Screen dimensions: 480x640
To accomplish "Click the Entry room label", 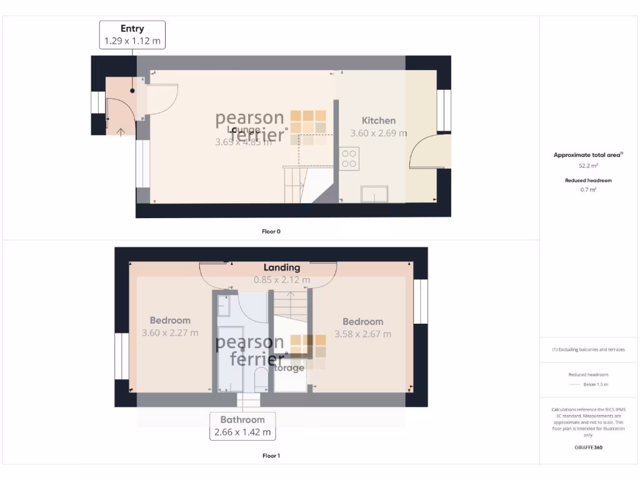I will click(x=132, y=28).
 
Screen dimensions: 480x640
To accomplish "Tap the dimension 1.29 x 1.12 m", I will click(x=132, y=41).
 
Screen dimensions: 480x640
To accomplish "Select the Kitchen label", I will click(x=379, y=121).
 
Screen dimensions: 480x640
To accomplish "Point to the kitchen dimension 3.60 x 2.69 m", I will click(x=379, y=133).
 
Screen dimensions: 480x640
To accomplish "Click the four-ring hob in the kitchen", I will click(x=349, y=157).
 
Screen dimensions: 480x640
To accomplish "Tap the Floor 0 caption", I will click(x=271, y=231).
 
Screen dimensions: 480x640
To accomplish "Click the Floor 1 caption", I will click(x=271, y=456).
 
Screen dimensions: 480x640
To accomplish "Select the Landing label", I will click(x=281, y=267).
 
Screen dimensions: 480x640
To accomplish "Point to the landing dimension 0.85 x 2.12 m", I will click(x=281, y=280).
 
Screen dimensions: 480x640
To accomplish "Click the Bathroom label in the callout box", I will click(x=242, y=419).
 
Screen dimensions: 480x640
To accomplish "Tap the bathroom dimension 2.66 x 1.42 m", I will click(x=242, y=432).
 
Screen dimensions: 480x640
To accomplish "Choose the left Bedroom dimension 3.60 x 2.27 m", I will click(x=170, y=333).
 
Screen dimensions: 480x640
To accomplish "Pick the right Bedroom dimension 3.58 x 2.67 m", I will click(x=362, y=334).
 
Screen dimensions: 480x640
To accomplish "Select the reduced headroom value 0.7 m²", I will click(x=588, y=189).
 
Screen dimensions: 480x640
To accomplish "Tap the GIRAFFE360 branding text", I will click(x=588, y=447).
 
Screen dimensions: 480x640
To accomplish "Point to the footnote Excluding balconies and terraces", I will click(x=588, y=349).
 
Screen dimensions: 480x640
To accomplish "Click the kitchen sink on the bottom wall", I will click(x=376, y=194).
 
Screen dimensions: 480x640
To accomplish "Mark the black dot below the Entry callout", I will click(x=132, y=91).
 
